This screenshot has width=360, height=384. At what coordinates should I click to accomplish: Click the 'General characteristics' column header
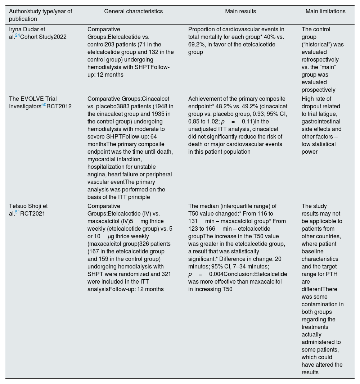tap(133, 12)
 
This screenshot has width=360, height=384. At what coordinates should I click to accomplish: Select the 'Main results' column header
tap(240, 12)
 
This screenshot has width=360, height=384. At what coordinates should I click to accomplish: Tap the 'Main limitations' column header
tap(325, 12)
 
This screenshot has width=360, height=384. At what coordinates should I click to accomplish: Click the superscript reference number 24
tap(17, 36)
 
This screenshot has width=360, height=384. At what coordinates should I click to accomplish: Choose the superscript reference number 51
tap(17, 212)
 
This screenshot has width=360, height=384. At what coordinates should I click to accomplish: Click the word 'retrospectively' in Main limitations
tap(320, 60)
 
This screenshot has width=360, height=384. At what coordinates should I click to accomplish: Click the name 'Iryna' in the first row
tap(16, 30)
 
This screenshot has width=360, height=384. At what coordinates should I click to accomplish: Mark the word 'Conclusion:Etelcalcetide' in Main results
tap(256, 274)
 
